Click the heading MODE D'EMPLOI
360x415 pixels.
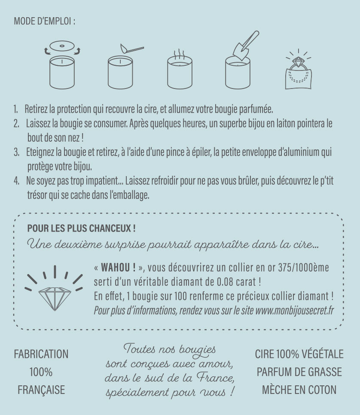point(45,21)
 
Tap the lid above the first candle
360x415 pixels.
point(62,46)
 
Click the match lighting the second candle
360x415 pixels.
point(132,49)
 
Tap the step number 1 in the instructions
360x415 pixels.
point(15,109)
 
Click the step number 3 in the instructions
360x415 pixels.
point(16,152)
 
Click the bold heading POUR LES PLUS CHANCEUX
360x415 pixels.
point(81,228)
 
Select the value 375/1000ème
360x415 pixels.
point(304,268)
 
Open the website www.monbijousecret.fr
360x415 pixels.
point(295,310)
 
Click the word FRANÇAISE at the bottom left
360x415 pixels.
point(41,390)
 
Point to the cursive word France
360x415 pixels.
point(215,378)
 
